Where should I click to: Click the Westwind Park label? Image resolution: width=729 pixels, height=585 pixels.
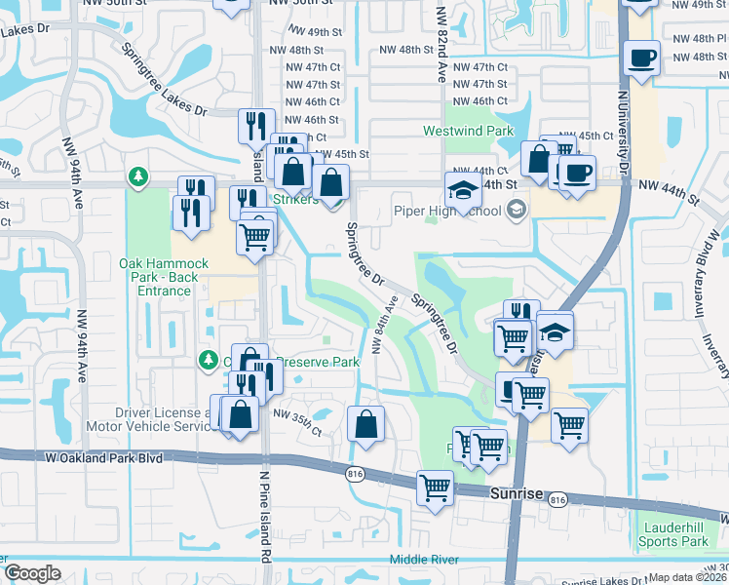(x=467, y=131)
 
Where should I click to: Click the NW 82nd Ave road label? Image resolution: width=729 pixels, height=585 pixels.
(x=441, y=47)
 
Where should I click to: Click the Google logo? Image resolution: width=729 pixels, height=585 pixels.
(x=32, y=573)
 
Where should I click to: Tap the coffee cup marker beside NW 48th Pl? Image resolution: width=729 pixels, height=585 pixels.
(x=642, y=58)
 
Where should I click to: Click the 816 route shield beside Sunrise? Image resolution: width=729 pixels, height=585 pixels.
(x=557, y=499)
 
